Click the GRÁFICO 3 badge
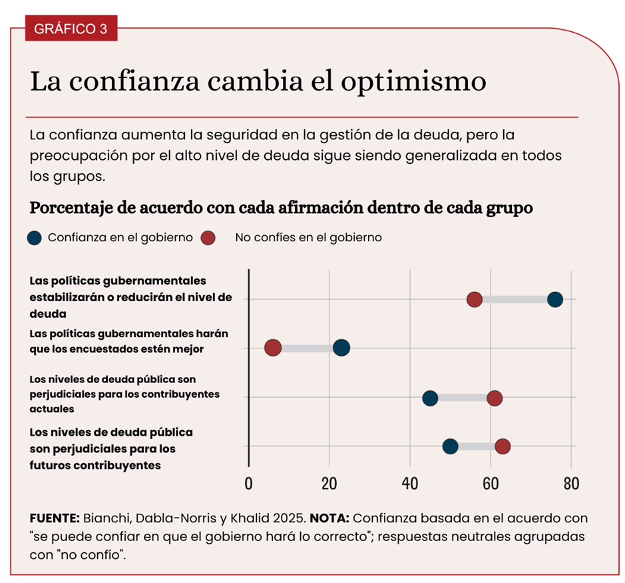click(71, 29)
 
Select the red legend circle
click(208, 237)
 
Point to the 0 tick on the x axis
click(248, 484)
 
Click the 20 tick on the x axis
click(329, 484)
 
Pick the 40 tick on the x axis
click(410, 484)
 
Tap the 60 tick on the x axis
click(491, 484)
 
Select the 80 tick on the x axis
click(571, 484)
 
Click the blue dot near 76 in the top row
click(555, 299)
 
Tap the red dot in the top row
click(475, 299)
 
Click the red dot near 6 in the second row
click(273, 347)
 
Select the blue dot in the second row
click(341, 347)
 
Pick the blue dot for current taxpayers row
click(430, 398)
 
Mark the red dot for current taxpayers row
click(495, 398)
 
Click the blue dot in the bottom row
click(451, 446)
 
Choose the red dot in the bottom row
click(503, 446)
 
